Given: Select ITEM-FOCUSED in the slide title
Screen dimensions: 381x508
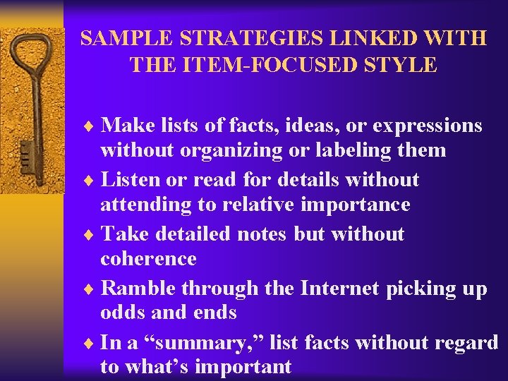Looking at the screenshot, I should [x=269, y=66].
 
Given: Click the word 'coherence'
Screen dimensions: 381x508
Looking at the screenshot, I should [x=148, y=259].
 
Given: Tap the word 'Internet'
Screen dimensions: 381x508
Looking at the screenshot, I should [x=339, y=289].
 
